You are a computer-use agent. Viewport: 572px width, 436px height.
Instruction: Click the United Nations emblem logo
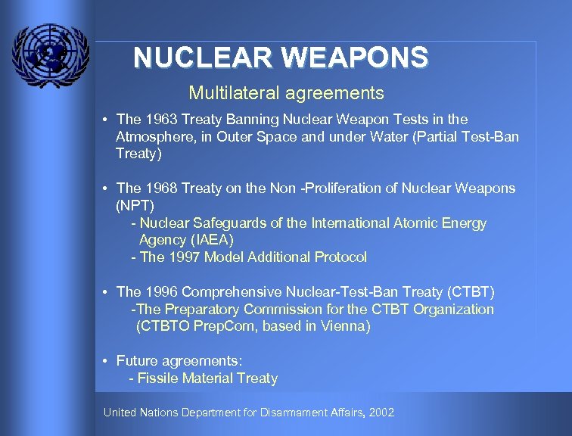(50, 54)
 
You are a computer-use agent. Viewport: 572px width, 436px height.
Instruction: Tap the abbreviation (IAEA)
(207, 240)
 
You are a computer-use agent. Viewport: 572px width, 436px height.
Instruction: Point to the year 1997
(185, 257)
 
